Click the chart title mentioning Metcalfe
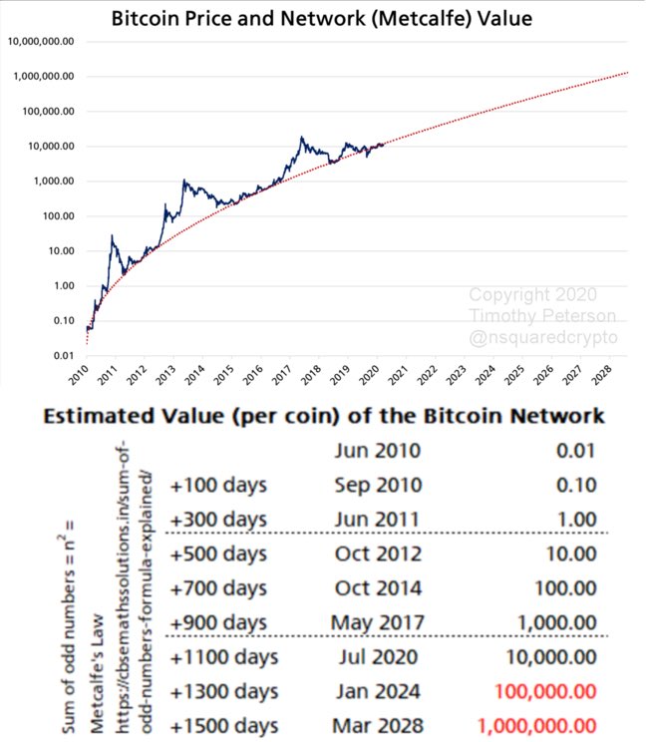[x=321, y=18]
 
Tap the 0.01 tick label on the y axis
[x=64, y=356]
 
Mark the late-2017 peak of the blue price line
[x=301, y=138]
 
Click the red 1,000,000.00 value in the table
[x=537, y=725]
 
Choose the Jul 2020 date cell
[x=376, y=657]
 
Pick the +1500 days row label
[x=223, y=725]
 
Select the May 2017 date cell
[x=376, y=622]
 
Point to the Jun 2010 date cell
[x=376, y=451]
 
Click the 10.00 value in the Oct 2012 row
[x=574, y=554]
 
